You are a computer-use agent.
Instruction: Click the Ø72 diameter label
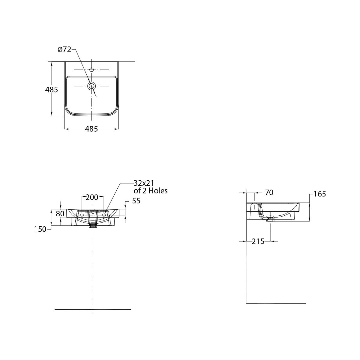pyautogui.click(x=64, y=49)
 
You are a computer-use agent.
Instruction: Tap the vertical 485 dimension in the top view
pyautogui.click(x=52, y=90)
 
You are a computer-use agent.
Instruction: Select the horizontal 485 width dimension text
pyautogui.click(x=91, y=129)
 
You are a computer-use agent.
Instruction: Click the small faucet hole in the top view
pyautogui.click(x=91, y=70)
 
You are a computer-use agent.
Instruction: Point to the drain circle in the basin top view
pyautogui.click(x=91, y=86)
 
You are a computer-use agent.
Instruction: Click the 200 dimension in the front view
pyautogui.click(x=92, y=197)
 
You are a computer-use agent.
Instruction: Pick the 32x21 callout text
pyautogui.click(x=144, y=183)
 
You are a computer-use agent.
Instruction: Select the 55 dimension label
pyautogui.click(x=136, y=201)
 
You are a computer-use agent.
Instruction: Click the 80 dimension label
pyautogui.click(x=60, y=214)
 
